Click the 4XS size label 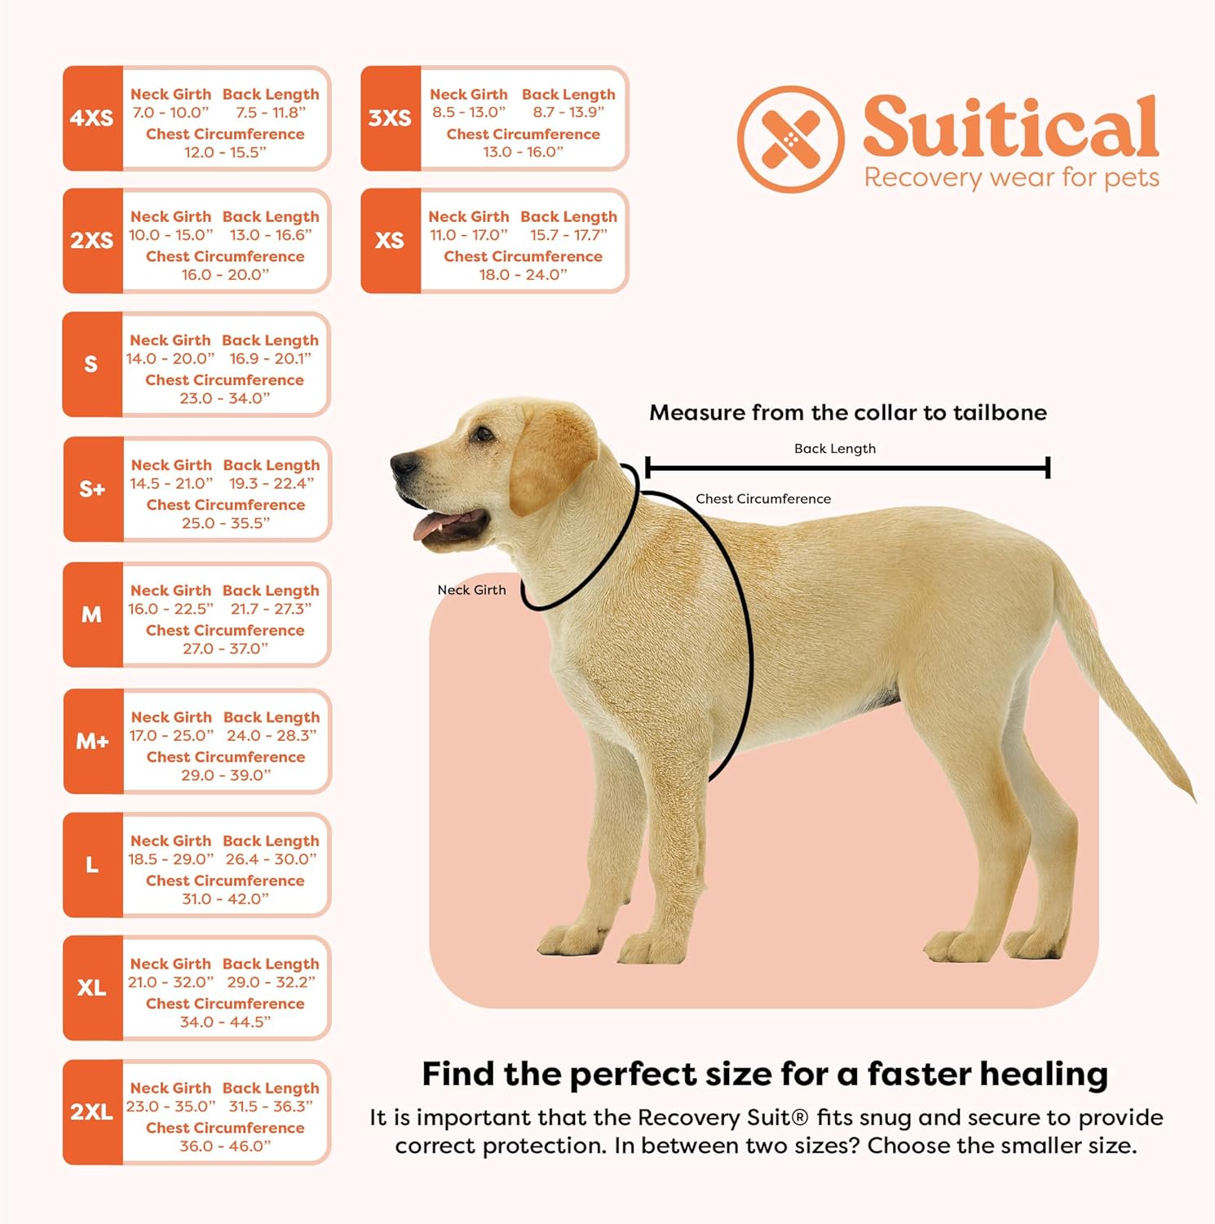[91, 118]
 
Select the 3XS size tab [390, 118]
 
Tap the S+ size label [92, 490]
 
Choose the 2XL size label [91, 1112]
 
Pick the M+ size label [92, 742]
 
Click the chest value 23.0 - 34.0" [225, 398]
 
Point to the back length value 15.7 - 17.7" [568, 235]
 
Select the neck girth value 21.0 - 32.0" [170, 982]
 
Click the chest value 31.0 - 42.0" [225, 899]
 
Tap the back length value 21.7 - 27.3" [271, 609]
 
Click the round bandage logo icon [790, 140]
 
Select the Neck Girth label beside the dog [471, 590]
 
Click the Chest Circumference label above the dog [763, 499]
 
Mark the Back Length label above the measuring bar [835, 449]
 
